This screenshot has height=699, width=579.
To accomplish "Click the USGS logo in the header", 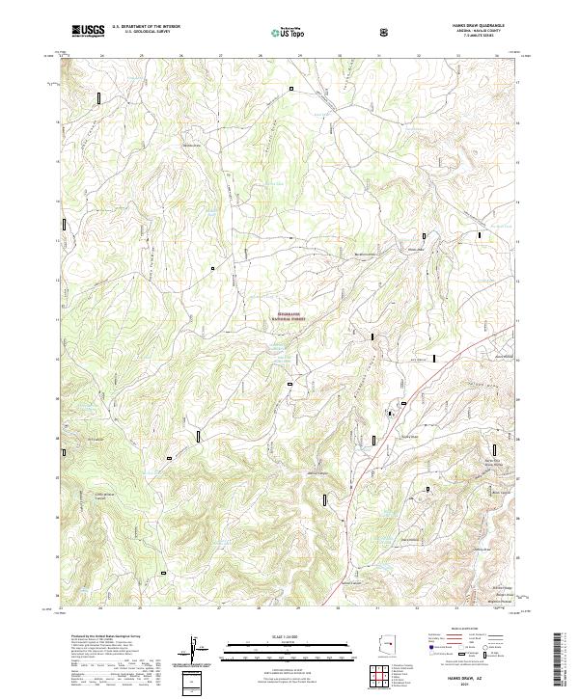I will (88, 31).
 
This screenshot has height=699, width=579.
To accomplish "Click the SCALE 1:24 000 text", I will (289, 636).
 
